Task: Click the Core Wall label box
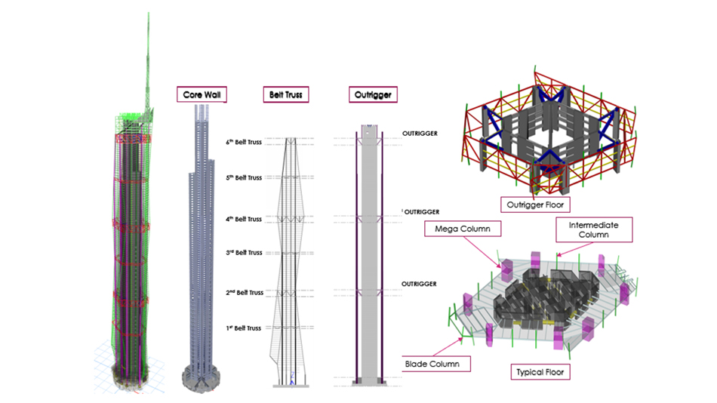point(202,94)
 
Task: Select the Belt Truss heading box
point(286,94)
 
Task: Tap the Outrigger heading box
point(373,94)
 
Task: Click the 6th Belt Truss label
point(244,142)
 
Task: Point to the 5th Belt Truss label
point(244,177)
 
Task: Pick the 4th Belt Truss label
point(244,219)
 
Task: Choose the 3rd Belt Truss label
point(245,253)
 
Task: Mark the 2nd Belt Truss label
point(245,292)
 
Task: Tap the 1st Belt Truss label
point(243,328)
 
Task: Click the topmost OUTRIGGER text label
point(420,134)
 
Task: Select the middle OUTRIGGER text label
point(422,212)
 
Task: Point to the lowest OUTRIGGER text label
point(419,284)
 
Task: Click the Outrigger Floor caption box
point(535,205)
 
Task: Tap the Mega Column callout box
point(463,229)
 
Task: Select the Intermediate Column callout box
point(594,229)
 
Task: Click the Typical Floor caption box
point(540,372)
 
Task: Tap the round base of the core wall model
point(201,378)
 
